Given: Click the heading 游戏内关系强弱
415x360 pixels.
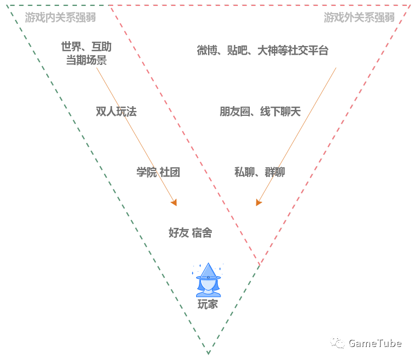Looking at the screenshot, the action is click(x=60, y=17).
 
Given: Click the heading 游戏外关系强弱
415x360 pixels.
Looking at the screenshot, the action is click(x=359, y=17).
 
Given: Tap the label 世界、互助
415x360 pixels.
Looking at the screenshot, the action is click(x=86, y=47).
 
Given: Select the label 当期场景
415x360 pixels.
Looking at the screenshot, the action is click(x=86, y=60).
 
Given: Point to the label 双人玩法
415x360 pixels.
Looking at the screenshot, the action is click(x=116, y=112).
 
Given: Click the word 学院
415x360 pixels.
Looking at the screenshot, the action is click(x=146, y=172).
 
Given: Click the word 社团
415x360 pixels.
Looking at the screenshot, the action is click(x=170, y=172).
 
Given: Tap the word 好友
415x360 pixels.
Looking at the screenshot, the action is click(x=178, y=233).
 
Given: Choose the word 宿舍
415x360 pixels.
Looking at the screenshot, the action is click(x=202, y=233).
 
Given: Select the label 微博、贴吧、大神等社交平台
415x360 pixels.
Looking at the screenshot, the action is click(x=262, y=51).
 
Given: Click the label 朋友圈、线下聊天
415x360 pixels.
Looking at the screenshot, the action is click(x=260, y=112).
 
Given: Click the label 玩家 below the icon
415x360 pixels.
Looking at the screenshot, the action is click(x=207, y=304).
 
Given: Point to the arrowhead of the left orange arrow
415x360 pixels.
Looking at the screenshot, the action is click(x=174, y=202).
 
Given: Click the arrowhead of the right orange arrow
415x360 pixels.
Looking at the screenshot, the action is click(x=258, y=202).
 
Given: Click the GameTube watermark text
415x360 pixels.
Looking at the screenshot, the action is click(x=374, y=343).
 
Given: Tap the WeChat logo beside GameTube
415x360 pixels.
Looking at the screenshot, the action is click(x=338, y=343).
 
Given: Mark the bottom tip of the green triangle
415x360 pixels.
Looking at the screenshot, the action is click(x=208, y=354).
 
